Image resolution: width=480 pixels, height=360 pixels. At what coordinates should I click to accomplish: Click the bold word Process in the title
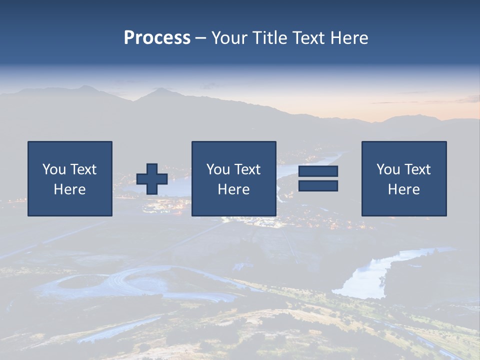(157, 38)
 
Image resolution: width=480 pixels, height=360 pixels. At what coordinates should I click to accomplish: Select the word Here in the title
(349, 38)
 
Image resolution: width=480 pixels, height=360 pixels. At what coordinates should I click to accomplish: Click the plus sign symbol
(152, 179)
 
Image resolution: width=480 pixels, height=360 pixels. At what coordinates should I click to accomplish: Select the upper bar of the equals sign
(318, 171)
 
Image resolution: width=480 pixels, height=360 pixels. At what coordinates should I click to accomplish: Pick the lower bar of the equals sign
(318, 186)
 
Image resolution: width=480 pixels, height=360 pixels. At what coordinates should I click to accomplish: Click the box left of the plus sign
(70, 178)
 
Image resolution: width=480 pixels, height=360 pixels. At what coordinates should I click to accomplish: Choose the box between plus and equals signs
(233, 178)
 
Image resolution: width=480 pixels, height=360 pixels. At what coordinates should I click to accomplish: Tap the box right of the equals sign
(404, 178)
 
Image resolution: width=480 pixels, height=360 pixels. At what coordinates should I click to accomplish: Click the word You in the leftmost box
(53, 169)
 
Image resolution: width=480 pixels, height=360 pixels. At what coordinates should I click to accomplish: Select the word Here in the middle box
(233, 189)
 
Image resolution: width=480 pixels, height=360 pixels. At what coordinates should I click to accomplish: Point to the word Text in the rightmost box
(418, 169)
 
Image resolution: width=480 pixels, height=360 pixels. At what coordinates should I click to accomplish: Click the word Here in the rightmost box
(404, 189)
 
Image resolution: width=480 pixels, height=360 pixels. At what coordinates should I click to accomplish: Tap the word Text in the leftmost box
(83, 169)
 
